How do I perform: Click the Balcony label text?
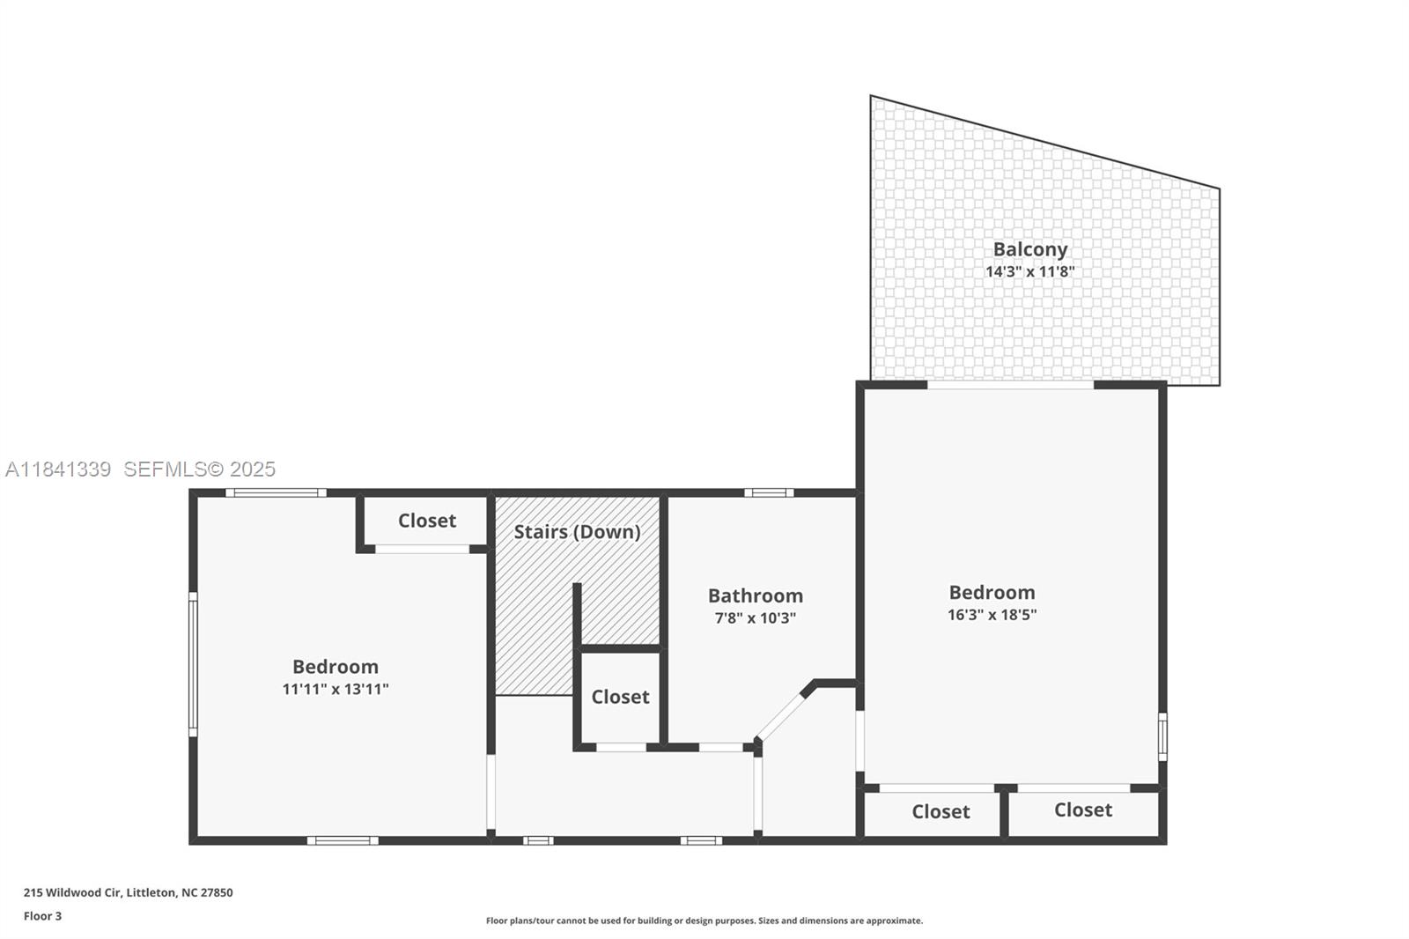tap(1029, 249)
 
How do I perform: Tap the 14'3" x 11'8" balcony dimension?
tap(1029, 271)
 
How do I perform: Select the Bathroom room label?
tap(755, 595)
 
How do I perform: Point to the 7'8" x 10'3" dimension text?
tap(755, 618)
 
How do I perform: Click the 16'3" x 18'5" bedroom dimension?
tap(992, 615)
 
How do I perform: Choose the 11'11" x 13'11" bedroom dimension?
tap(335, 689)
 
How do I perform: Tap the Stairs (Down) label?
tap(577, 532)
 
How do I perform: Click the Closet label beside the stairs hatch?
tap(620, 697)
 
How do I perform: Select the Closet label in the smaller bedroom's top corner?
tap(426, 521)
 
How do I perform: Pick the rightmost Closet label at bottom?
tap(1082, 810)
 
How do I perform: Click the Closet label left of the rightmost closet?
tap(940, 811)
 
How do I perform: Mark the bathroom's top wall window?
tap(768, 492)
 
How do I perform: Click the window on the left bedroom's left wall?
tap(193, 664)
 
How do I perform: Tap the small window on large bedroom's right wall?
tap(1162, 736)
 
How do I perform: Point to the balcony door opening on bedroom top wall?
tap(1010, 385)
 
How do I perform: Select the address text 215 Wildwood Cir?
tap(128, 892)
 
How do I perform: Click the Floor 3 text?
tap(42, 916)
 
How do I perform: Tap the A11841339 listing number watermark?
tap(58, 469)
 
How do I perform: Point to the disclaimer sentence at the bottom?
tap(704, 921)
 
